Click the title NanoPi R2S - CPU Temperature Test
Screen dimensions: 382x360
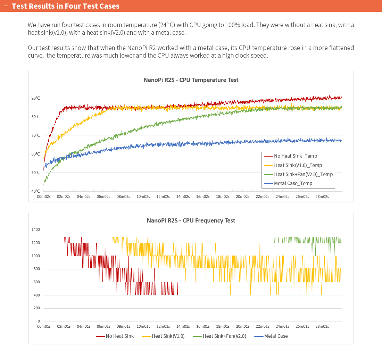[191, 80]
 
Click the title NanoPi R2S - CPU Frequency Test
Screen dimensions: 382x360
[191, 220]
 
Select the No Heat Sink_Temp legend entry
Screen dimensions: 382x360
[290, 156]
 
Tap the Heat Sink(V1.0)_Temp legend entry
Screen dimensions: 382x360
[293, 165]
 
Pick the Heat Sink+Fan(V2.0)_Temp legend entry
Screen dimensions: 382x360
[298, 174]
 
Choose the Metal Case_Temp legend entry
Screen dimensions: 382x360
[288, 183]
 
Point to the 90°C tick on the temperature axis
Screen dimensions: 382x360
[35, 98]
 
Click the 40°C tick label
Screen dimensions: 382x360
[35, 191]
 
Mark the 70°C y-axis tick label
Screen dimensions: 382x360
[35, 135]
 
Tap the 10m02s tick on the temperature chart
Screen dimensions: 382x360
[143, 196]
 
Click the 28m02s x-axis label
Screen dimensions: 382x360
[322, 196]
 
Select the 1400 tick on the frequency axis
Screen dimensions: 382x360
[35, 229]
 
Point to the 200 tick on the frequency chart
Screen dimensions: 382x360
[36, 308]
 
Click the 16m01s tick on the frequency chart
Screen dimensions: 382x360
[203, 326]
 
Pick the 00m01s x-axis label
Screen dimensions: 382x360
[44, 326]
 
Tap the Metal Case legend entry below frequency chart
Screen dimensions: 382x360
[271, 336]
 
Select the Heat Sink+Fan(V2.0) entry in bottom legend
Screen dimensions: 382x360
[219, 336]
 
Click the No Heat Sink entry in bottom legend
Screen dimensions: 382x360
[115, 336]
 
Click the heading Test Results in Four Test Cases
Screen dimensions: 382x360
[66, 6]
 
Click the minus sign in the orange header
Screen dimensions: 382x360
[6, 6]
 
